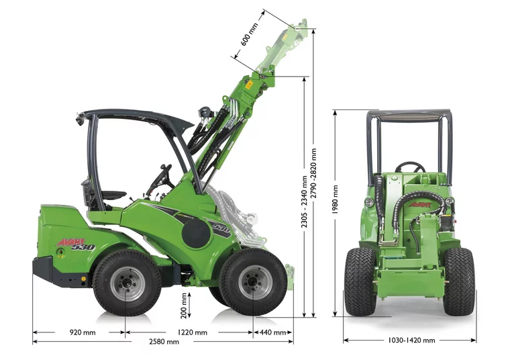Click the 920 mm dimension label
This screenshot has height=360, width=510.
click(x=83, y=332)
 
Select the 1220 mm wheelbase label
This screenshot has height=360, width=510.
click(x=192, y=332)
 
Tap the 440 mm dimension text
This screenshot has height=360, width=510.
click(x=273, y=332)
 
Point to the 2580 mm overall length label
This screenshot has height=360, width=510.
click(x=164, y=341)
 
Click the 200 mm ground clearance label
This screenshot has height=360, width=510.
click(x=184, y=306)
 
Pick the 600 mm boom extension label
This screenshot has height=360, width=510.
click(x=249, y=34)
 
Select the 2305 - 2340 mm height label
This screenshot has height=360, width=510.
click(x=304, y=201)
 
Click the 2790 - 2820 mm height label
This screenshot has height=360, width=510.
click(x=313, y=173)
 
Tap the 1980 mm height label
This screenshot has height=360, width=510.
click(x=335, y=199)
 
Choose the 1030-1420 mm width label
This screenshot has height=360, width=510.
click(x=411, y=340)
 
